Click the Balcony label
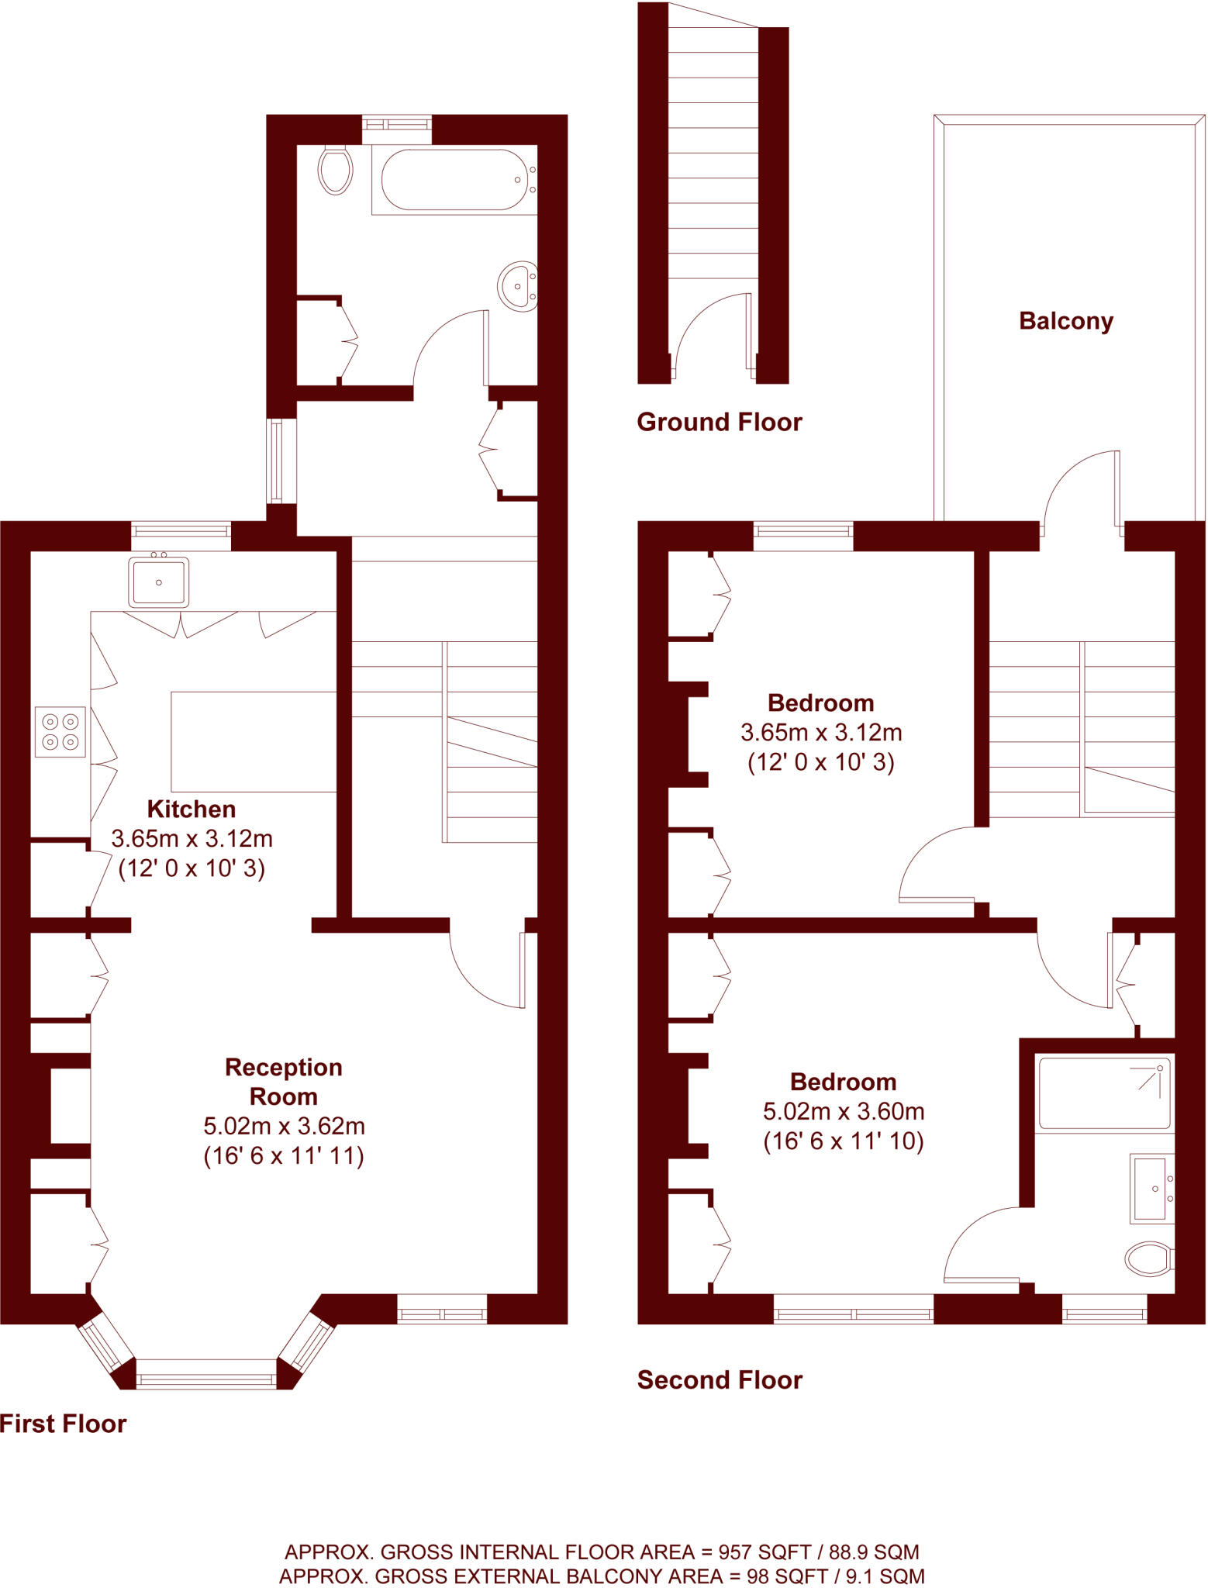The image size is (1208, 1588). (1065, 321)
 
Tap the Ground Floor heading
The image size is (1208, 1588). (719, 422)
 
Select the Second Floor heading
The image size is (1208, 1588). (719, 1379)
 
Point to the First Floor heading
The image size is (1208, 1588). (63, 1424)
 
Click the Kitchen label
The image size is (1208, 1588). (192, 809)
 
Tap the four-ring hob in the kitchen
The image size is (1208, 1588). (60, 731)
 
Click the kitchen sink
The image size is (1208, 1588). (159, 582)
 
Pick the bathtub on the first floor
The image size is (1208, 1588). (454, 180)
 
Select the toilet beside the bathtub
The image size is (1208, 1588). (335, 169)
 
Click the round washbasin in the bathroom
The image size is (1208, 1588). (517, 286)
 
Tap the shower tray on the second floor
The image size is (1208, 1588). (1104, 1093)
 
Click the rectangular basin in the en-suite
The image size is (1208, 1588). (1151, 1189)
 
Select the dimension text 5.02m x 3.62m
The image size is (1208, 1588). (284, 1126)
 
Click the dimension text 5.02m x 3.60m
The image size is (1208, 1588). (844, 1111)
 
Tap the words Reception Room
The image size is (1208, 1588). (284, 1082)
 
